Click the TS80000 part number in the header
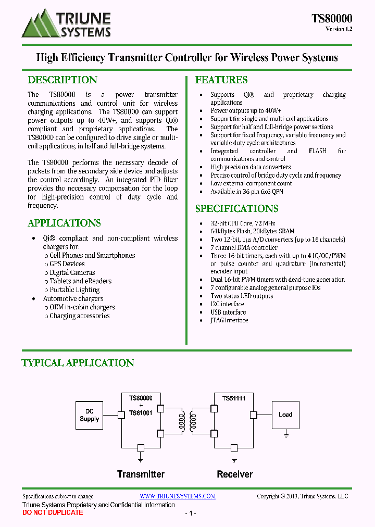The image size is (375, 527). (332, 18)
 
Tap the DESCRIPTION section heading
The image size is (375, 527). (62, 80)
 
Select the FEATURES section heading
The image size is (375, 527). (221, 80)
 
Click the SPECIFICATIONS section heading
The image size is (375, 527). (236, 208)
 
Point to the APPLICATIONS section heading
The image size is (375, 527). (64, 223)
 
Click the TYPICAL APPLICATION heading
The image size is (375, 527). (78, 362)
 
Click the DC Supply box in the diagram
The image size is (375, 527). (90, 415)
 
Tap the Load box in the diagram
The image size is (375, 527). (285, 415)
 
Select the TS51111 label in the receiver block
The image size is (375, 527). (234, 398)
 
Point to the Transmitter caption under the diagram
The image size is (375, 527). (141, 474)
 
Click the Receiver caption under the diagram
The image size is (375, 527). (235, 474)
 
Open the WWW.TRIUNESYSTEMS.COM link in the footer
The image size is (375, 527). (178, 496)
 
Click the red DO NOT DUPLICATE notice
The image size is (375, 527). (53, 512)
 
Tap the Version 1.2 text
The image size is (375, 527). (339, 29)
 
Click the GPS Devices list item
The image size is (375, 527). (67, 264)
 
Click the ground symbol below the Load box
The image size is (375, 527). (286, 433)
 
